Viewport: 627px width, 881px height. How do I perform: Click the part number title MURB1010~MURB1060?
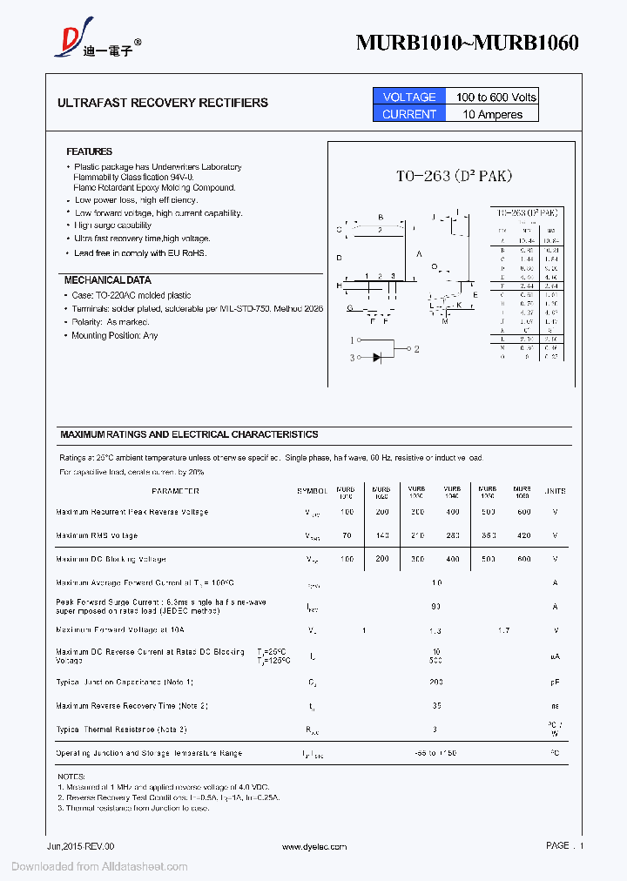point(467,44)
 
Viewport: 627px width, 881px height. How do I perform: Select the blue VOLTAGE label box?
point(409,97)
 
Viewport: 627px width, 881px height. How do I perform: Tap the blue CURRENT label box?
point(409,114)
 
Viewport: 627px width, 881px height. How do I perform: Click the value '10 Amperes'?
point(493,114)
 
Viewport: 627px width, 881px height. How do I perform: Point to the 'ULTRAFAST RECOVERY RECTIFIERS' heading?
point(163,103)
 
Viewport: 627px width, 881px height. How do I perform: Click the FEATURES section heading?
point(89,151)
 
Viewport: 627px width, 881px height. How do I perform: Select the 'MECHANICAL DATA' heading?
point(107,280)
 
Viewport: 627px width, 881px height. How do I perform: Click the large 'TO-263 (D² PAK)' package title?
point(454,177)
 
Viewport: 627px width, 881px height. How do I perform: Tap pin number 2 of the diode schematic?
point(417,349)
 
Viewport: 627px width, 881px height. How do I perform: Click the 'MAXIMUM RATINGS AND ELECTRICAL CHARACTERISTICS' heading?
point(189,434)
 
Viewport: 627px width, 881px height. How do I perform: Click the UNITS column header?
point(555,491)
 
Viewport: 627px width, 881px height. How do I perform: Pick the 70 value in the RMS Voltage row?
point(347,535)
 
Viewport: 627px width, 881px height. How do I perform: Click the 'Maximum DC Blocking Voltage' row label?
point(111,559)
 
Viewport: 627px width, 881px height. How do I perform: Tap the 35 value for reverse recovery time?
point(435,705)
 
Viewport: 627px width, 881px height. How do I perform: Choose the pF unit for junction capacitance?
point(555,682)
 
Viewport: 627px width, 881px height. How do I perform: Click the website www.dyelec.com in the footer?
point(314,846)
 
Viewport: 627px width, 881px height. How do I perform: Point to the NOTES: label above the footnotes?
point(71,776)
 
